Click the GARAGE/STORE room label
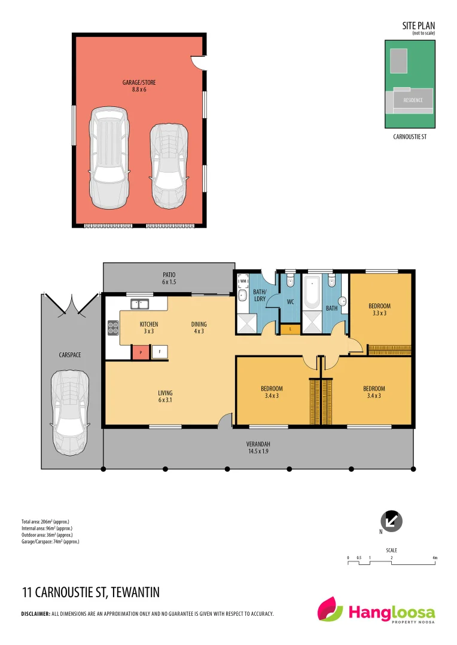click(139, 86)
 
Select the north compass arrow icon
click(392, 521)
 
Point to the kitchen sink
click(139, 304)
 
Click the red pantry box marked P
click(139, 352)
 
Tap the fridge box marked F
click(160, 352)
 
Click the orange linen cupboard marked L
click(290, 329)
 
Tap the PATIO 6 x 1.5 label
click(169, 278)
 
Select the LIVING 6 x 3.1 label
click(165, 397)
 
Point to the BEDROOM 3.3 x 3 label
click(379, 309)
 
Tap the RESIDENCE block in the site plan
click(413, 100)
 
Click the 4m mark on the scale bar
click(435, 558)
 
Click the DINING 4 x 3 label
click(199, 327)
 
